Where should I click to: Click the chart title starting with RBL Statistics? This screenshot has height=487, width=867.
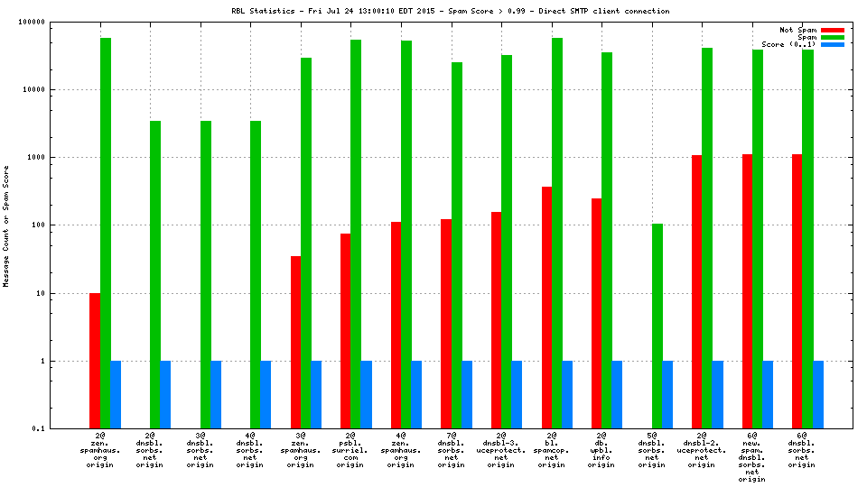click(x=450, y=11)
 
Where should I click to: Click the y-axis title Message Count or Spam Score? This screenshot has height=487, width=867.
click(x=6, y=225)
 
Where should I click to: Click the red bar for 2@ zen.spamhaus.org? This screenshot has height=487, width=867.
click(x=95, y=361)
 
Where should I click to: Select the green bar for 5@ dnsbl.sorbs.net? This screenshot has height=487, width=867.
click(x=657, y=326)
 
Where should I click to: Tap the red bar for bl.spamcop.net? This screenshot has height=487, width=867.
click(x=546, y=308)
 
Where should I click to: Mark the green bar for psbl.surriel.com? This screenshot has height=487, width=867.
click(x=356, y=234)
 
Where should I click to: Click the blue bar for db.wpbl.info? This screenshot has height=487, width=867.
click(x=617, y=394)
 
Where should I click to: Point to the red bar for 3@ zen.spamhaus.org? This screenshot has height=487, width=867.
click(x=295, y=342)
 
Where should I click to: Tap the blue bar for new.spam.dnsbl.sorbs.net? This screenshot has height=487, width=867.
click(x=768, y=394)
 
